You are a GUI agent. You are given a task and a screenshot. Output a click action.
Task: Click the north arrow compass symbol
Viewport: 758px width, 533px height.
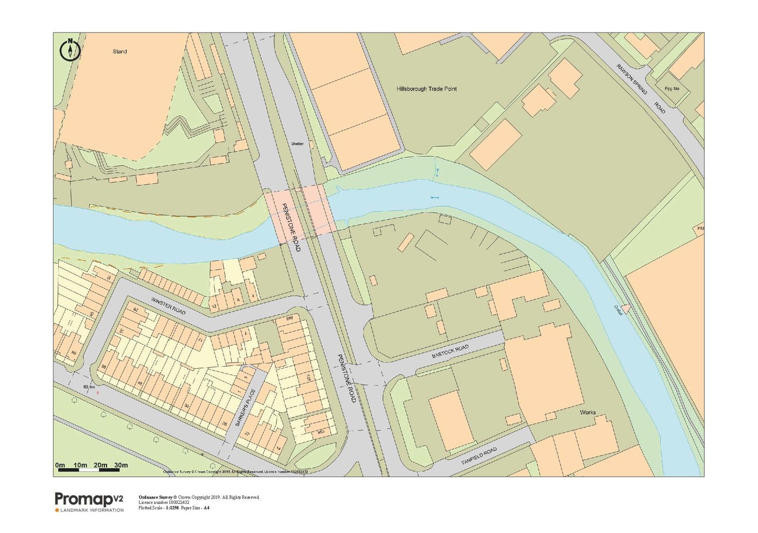tap(70, 50)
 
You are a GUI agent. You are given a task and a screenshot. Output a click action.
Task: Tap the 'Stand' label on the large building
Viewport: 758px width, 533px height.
tap(120, 52)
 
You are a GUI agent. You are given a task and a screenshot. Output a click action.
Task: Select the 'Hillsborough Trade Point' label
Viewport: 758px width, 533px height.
tap(426, 89)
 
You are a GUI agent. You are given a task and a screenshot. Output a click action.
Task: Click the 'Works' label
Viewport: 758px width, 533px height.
tap(588, 412)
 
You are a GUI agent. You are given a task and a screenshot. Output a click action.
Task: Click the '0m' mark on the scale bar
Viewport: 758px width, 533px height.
tap(60, 465)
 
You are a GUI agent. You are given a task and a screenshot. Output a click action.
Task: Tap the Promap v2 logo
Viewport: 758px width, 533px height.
tap(89, 501)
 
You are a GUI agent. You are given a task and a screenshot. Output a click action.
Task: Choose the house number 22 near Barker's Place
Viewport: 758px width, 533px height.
tap(246, 434)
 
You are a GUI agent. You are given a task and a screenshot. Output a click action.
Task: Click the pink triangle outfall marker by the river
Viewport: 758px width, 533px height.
tap(625, 308)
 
